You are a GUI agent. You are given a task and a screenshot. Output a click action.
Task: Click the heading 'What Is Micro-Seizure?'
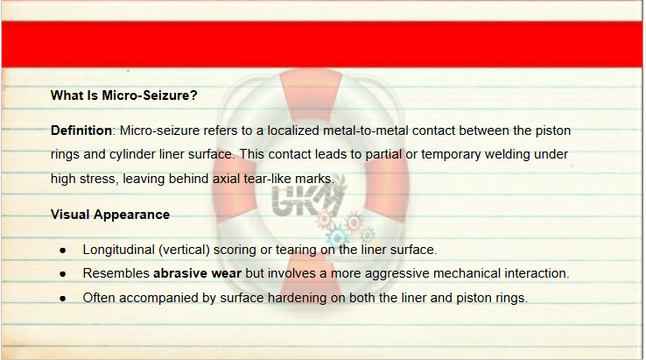(x=124, y=95)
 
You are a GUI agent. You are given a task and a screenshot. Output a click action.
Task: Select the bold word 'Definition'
(x=81, y=131)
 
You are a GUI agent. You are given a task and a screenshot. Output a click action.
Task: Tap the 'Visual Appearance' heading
(x=110, y=215)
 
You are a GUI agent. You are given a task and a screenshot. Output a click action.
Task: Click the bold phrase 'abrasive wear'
(x=197, y=273)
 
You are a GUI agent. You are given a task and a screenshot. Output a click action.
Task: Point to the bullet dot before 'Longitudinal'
(x=63, y=251)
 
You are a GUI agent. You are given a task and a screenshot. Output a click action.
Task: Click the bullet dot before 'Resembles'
(x=63, y=274)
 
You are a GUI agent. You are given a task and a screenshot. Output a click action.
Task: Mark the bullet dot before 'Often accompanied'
(x=63, y=298)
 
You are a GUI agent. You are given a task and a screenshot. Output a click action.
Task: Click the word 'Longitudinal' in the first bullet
(x=119, y=250)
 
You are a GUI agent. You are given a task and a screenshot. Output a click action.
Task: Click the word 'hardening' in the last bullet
(x=297, y=298)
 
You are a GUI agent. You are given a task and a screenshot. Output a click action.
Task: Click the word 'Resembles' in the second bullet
(x=116, y=273)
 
